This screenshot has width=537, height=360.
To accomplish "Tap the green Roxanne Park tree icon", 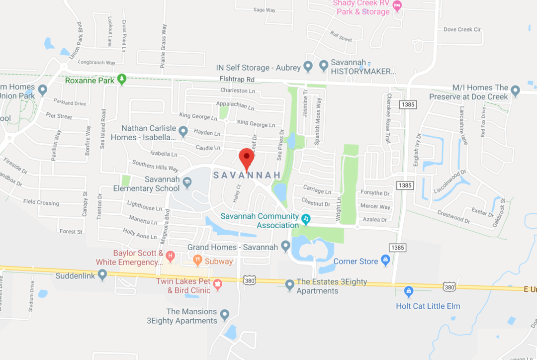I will pyautogui.click(x=122, y=80).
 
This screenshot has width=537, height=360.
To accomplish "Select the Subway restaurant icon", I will pyautogui.click(x=197, y=259).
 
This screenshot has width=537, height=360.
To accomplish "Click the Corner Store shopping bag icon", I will pyautogui.click(x=385, y=260).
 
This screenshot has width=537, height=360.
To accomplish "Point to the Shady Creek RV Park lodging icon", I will pyautogui.click(x=397, y=5).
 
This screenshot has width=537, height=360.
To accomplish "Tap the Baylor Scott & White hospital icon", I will pyautogui.click(x=171, y=257).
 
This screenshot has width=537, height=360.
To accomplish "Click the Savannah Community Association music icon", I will pyautogui.click(x=306, y=218).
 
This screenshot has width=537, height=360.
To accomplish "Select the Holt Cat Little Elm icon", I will pyautogui.click(x=409, y=291).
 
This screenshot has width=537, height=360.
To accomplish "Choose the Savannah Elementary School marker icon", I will pyautogui.click(x=187, y=182).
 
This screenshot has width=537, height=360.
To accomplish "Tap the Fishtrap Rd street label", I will pyautogui.click(x=237, y=79).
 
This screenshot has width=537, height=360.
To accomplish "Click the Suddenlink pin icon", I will pyautogui.click(x=102, y=274).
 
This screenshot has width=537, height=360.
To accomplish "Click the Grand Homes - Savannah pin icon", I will pyautogui.click(x=285, y=246).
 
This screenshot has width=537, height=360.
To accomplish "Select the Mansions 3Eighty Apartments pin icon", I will pyautogui.click(x=225, y=314).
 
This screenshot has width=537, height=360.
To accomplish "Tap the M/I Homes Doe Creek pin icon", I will pyautogui.click(x=515, y=91).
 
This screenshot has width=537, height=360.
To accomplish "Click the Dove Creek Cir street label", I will pyautogui.click(x=462, y=29).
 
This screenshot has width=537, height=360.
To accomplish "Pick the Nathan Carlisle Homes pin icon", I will pyautogui.click(x=183, y=132).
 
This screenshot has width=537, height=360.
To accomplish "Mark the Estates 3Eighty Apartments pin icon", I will pyautogui.click(x=290, y=285).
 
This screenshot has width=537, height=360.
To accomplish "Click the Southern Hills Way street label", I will pyautogui.click(x=155, y=166).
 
